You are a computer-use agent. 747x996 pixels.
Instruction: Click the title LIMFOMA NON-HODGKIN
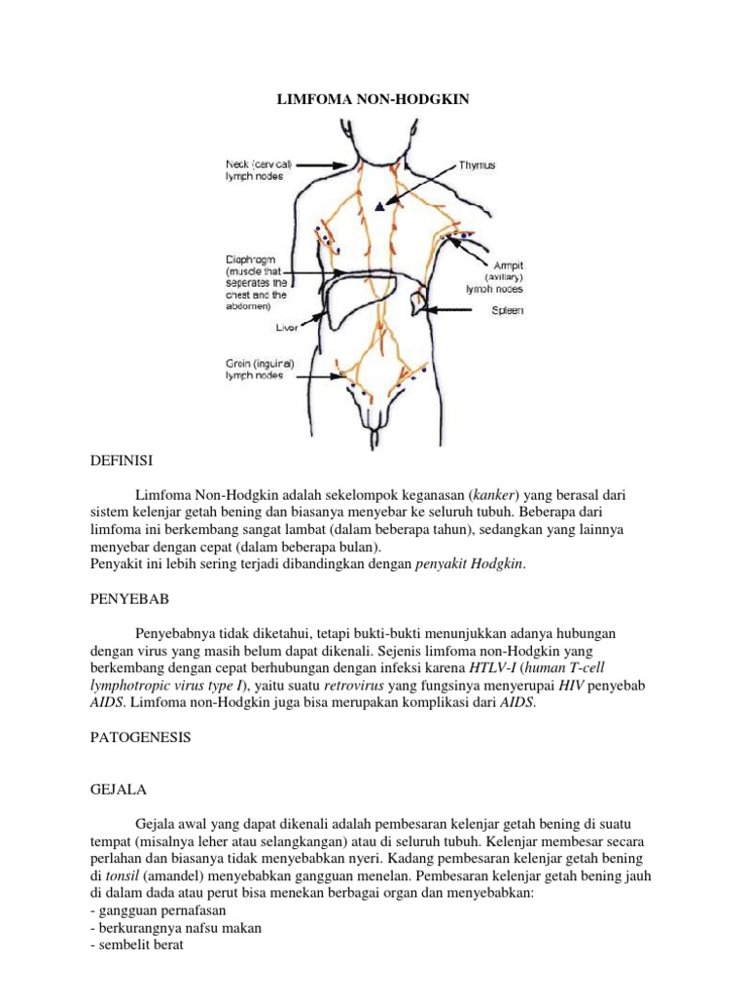coord(373,99)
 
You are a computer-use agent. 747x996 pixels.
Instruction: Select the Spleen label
coord(505,311)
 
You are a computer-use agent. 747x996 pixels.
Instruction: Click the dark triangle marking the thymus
coord(379,206)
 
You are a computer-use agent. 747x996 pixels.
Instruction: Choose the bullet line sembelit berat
coord(128,945)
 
